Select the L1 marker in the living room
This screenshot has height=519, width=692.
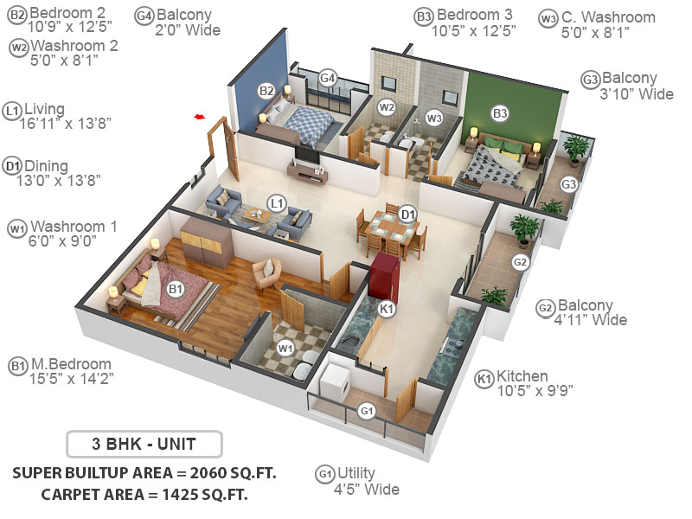coord(277,203)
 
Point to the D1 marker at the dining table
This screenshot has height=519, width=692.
coord(408,214)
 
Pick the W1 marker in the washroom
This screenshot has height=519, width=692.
coord(285,347)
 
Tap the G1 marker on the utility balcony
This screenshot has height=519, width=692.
coord(367,409)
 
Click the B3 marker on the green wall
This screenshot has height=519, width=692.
coord(500,112)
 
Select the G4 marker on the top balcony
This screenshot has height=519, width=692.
coord(327,79)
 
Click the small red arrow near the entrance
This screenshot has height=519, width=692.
coord(200,115)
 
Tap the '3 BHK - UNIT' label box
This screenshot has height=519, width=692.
coord(144,445)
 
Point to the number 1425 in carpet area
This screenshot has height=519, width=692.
coord(177,495)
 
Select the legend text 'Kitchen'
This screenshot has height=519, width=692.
coord(522,376)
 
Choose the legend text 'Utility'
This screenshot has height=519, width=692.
coord(356,473)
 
